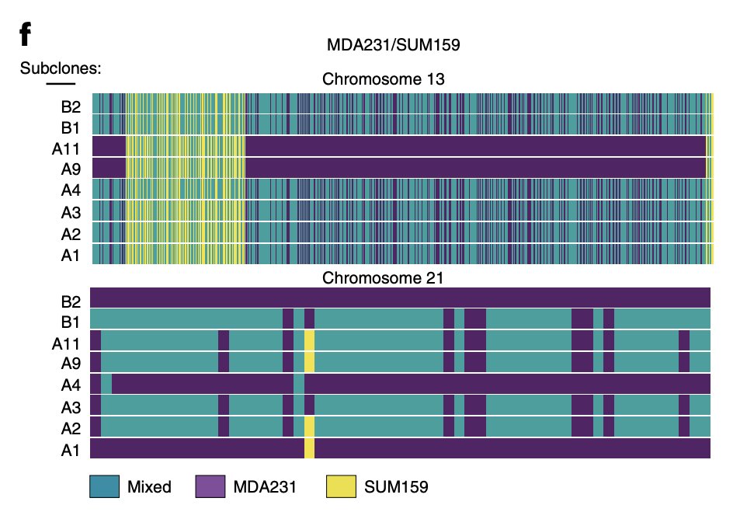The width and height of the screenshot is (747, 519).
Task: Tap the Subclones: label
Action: [x=61, y=68]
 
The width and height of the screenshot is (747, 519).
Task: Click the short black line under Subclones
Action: [x=61, y=83]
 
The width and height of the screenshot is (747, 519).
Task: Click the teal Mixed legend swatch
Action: [x=105, y=486]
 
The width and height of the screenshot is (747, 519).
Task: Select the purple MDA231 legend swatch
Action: [x=209, y=486]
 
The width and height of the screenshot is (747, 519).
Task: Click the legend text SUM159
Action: [x=396, y=487]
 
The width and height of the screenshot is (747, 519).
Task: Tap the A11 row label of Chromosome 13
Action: [x=67, y=147]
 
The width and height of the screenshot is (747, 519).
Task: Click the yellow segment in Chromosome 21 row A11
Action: [x=309, y=341]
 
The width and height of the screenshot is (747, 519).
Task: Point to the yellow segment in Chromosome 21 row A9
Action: [x=309, y=363]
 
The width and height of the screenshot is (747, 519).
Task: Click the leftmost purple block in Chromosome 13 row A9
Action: [x=109, y=169]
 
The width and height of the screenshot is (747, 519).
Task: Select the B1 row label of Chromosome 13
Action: [x=71, y=125]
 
